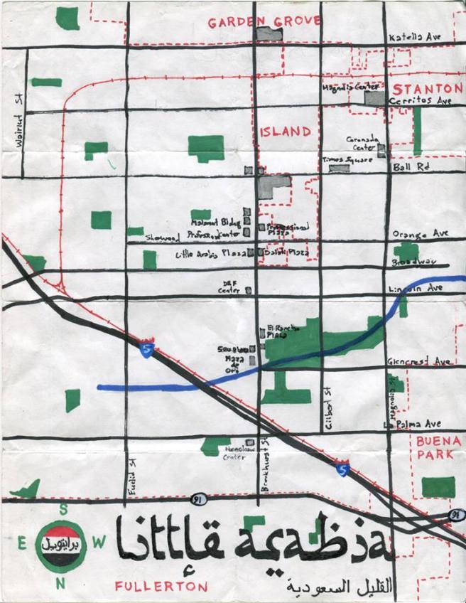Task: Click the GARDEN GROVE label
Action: pos(264,22)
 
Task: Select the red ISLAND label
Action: pos(285,132)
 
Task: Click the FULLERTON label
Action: pos(162,587)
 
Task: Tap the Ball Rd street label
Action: pos(411,168)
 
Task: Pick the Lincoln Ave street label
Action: pos(416,289)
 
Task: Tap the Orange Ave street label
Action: pos(421,233)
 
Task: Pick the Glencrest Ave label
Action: pos(418,362)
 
